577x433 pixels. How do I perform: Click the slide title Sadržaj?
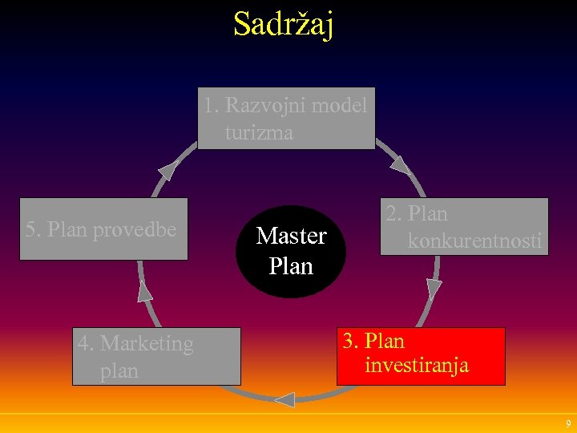pyautogui.click(x=284, y=24)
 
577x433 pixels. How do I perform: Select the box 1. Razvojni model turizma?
pyautogui.click(x=286, y=118)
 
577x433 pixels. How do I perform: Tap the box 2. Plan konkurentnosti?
pyautogui.click(x=464, y=226)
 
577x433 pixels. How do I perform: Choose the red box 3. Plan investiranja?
pyautogui.click(x=420, y=355)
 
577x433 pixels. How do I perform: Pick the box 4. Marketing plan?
pyautogui.click(x=156, y=356)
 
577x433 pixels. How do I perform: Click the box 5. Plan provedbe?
pyautogui.click(x=103, y=229)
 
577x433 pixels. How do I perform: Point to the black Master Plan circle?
pyautogui.click(x=291, y=251)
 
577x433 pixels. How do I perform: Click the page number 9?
pyautogui.click(x=568, y=423)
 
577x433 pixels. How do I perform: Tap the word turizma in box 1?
pyautogui.click(x=259, y=132)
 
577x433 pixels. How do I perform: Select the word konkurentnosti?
pyautogui.click(x=474, y=240)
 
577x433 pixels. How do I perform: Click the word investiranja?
pyautogui.click(x=417, y=366)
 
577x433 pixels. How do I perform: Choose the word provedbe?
pyautogui.click(x=135, y=229)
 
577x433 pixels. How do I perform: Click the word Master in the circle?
pyautogui.click(x=291, y=237)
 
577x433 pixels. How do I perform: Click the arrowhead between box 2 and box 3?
pyautogui.click(x=434, y=289)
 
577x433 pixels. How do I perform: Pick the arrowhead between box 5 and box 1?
pyautogui.click(x=167, y=170)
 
